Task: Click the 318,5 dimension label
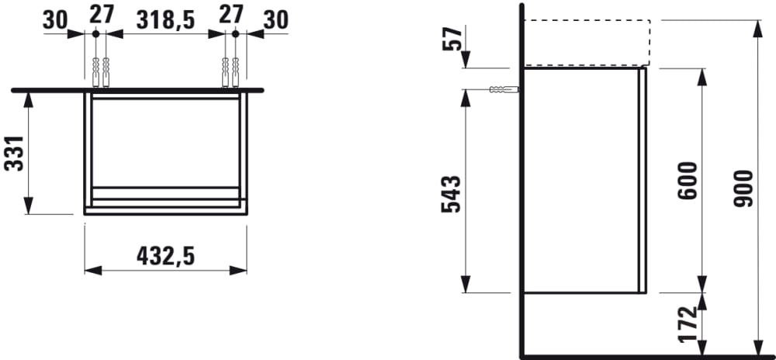[x=165, y=20]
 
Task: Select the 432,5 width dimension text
[x=165, y=256]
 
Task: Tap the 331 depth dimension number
[x=14, y=154]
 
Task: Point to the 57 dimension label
[x=453, y=39]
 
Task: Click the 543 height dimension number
[x=451, y=194]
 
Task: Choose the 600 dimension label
[x=688, y=180]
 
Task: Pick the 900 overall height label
[x=743, y=189]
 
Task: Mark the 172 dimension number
[x=688, y=324]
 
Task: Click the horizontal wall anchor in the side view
[x=504, y=89]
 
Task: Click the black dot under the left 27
[x=95, y=33]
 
